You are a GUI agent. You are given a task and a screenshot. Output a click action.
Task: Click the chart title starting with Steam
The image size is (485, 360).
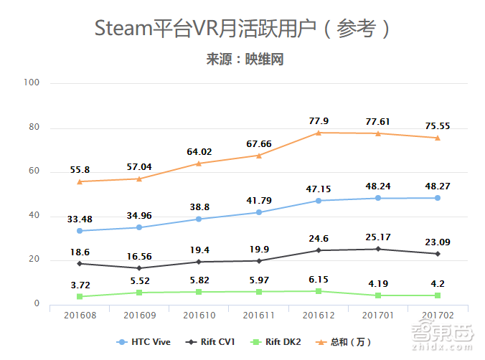click(244, 29)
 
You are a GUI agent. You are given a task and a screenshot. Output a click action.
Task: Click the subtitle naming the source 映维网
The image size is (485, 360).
click(244, 60)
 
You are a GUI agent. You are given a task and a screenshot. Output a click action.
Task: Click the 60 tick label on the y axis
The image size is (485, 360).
click(34, 172)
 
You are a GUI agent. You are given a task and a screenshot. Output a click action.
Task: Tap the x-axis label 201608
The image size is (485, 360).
click(79, 316)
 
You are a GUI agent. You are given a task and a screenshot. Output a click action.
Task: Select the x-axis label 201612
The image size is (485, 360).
click(318, 316)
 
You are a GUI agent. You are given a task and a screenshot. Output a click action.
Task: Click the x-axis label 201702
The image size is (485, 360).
click(438, 316)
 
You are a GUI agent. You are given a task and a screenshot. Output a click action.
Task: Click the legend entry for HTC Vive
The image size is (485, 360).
click(143, 342)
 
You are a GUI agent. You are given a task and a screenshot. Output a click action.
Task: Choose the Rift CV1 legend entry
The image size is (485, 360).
click(213, 342)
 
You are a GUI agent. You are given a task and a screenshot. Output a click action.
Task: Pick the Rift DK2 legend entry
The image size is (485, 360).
click(279, 342)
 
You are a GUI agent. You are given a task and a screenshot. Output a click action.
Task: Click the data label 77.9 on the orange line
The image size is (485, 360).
click(319, 121)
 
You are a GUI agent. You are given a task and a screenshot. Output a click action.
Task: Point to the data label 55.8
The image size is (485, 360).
click(79, 170)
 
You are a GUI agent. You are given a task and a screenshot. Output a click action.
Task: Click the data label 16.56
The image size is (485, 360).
click(139, 256)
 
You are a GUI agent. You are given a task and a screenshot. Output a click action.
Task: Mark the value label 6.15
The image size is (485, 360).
click(319, 280)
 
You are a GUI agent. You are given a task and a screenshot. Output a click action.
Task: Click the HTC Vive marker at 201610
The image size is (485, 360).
click(199, 219)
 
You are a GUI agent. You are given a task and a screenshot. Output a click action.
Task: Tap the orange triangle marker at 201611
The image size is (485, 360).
click(258, 156)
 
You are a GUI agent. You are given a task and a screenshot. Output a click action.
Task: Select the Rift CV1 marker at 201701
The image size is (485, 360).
click(378, 249)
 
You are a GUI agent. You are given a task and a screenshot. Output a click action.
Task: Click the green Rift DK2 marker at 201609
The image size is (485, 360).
click(139, 293)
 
